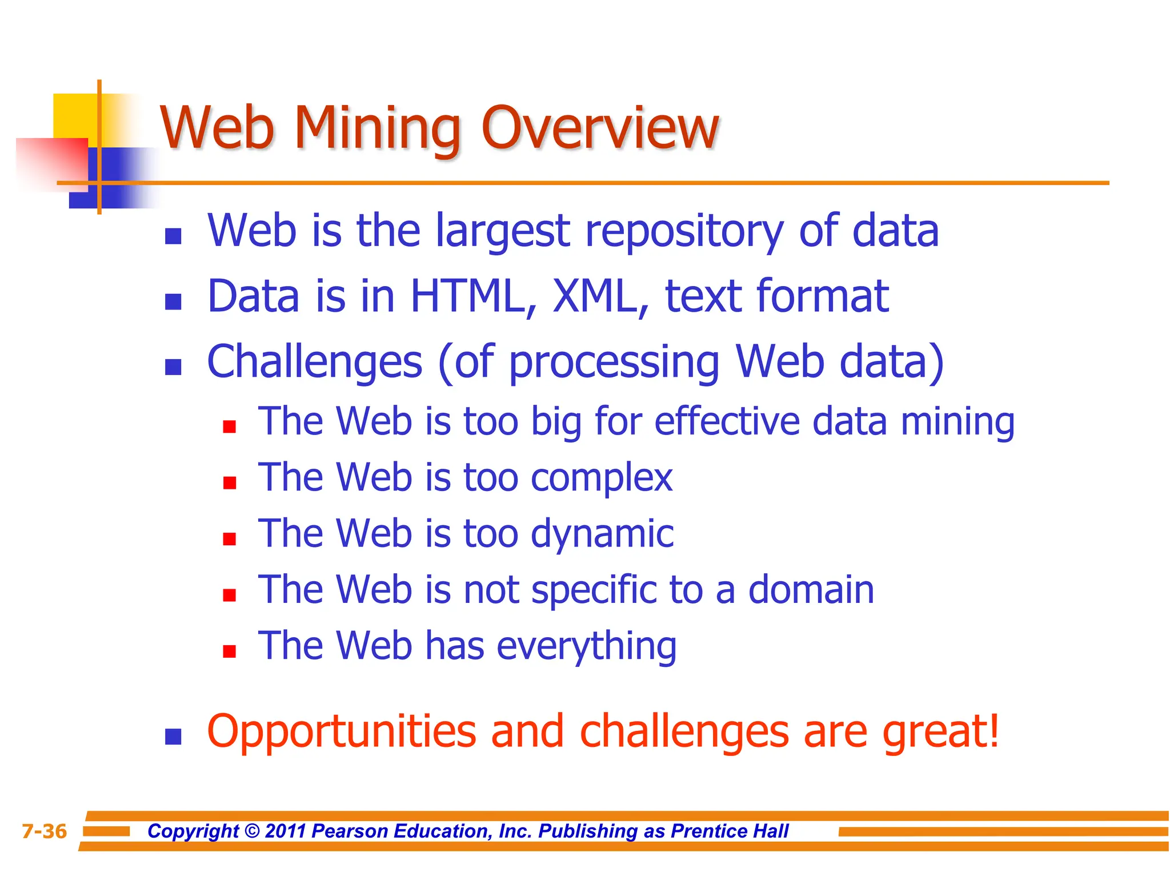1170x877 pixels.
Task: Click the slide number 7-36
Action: [x=44, y=831]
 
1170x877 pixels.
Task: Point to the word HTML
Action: [x=474, y=296]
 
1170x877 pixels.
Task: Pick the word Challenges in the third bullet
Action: [x=315, y=362]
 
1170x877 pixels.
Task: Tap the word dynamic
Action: [x=602, y=534]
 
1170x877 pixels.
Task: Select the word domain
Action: [x=811, y=589]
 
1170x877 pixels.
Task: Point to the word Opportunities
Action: [x=341, y=731]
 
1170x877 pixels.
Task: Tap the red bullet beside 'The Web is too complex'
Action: [x=230, y=484]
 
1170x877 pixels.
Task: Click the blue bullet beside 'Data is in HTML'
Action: [x=173, y=301]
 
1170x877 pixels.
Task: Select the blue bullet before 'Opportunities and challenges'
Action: [x=173, y=737]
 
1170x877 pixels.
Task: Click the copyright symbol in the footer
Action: [x=251, y=831]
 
